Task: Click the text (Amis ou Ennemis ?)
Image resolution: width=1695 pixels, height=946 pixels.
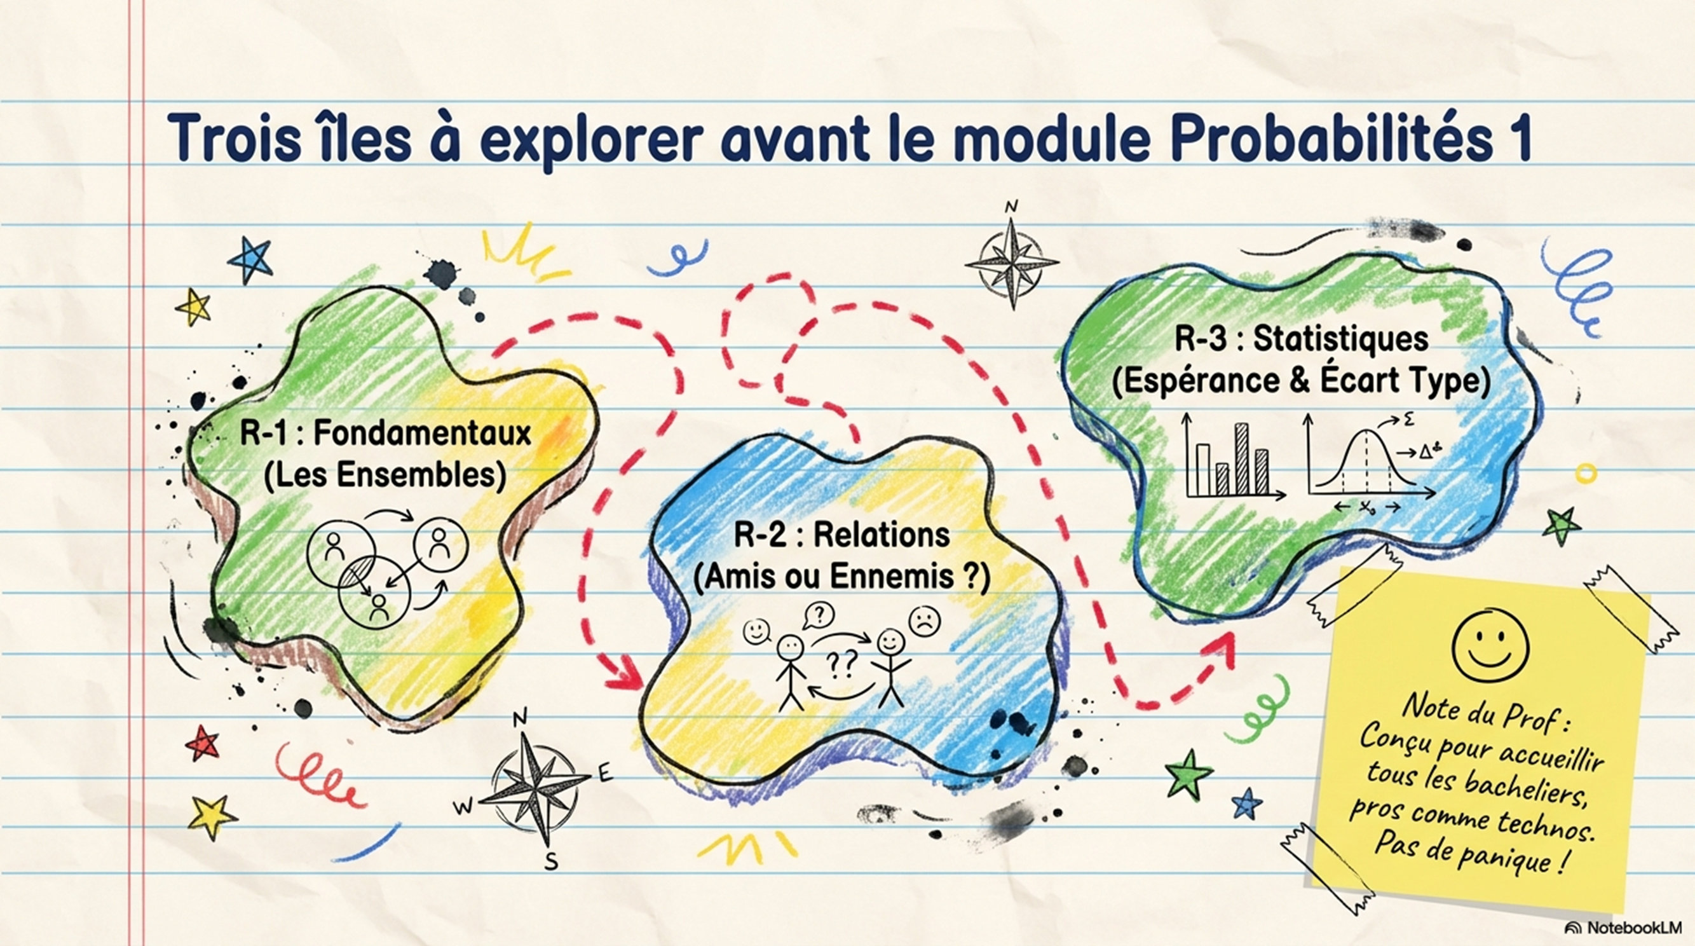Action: pos(841,577)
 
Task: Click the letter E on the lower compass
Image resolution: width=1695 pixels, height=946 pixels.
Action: pos(604,773)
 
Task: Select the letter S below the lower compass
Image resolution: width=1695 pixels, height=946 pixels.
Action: pos(552,860)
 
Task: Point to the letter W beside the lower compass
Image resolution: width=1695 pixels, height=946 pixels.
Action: pos(464,806)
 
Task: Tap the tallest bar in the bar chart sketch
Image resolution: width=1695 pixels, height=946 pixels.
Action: pos(1241,458)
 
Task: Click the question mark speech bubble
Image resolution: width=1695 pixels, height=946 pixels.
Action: pos(819,616)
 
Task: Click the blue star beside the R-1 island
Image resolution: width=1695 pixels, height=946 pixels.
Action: pos(250,259)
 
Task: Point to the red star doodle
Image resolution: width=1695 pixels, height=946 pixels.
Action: pos(203,743)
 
